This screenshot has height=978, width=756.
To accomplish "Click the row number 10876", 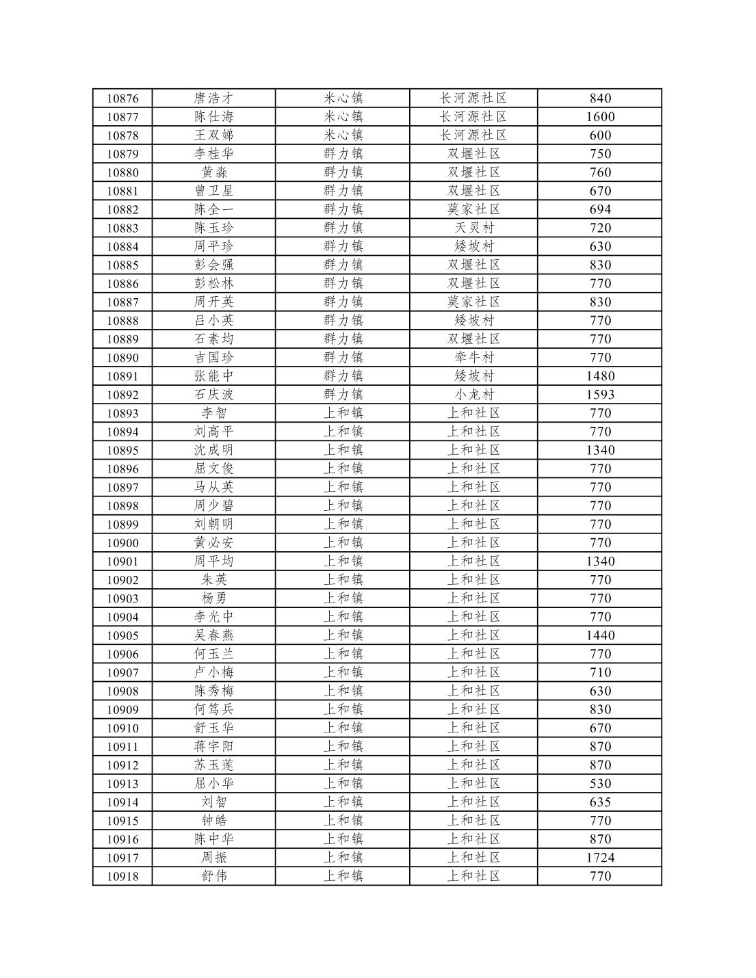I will pyautogui.click(x=122, y=98).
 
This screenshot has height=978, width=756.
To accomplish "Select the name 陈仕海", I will pyautogui.click(x=213, y=117).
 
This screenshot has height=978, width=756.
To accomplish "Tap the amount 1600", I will pyautogui.click(x=600, y=117).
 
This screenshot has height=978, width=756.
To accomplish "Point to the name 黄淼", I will pyautogui.click(x=213, y=172).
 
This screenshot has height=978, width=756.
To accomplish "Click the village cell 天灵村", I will pyautogui.click(x=473, y=228).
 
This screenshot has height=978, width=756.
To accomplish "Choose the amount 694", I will pyautogui.click(x=600, y=209).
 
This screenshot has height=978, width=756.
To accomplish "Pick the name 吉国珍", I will pyautogui.click(x=213, y=357).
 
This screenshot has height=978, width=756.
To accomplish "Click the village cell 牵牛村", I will pyautogui.click(x=473, y=357).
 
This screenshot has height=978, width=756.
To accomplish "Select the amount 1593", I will pyautogui.click(x=600, y=395).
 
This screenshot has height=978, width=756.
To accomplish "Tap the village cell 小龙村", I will pyautogui.click(x=473, y=395).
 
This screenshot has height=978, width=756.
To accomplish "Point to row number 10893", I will pyautogui.click(x=122, y=413).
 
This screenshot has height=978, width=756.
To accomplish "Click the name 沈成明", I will pyautogui.click(x=213, y=450).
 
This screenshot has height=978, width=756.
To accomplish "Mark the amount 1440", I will pyautogui.click(x=600, y=635).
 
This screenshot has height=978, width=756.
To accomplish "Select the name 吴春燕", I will pyautogui.click(x=213, y=635).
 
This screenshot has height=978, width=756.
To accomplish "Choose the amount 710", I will pyautogui.click(x=600, y=672).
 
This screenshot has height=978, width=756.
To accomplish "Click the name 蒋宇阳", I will pyautogui.click(x=213, y=746).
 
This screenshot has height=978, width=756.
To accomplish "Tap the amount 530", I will pyautogui.click(x=600, y=783).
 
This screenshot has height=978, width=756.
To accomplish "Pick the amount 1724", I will pyautogui.click(x=600, y=858).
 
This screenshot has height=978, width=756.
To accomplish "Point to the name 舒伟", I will pyautogui.click(x=213, y=876).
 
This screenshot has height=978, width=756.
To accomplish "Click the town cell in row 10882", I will pyautogui.click(x=343, y=209).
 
